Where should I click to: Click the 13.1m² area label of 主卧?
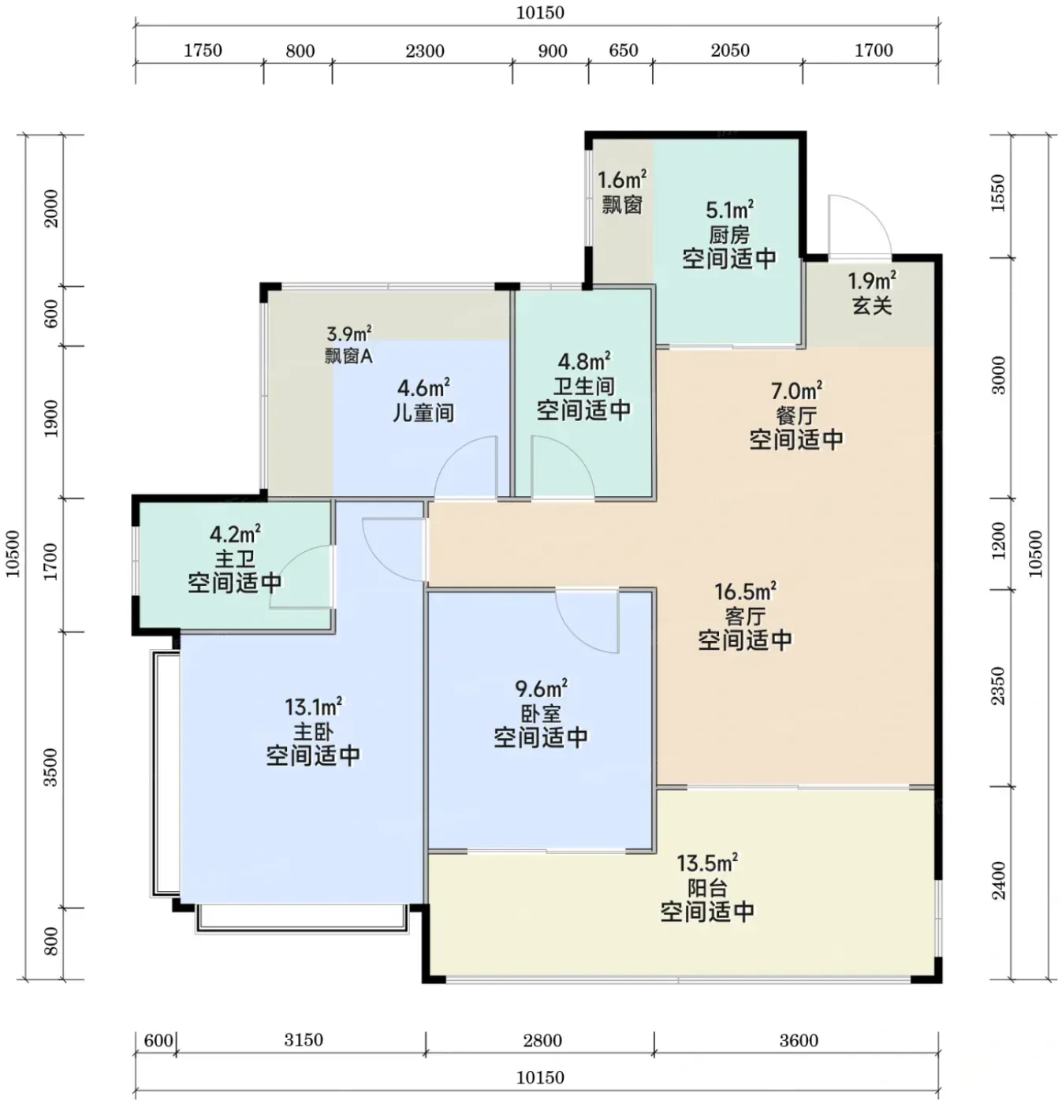point(313,707)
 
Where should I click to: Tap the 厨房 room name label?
point(729,234)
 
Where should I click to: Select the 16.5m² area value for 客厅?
point(745,591)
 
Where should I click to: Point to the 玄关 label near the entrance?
point(872,306)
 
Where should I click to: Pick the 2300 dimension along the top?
point(424,51)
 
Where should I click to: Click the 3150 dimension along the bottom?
point(304,1039)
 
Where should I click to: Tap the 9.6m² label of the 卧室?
point(541,688)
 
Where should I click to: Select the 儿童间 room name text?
point(424,412)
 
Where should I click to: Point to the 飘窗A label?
point(348,356)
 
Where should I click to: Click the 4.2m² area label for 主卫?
point(235,534)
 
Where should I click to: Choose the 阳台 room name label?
point(707,888)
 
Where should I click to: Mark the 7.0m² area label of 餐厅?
point(796,391)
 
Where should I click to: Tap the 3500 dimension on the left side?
point(51,767)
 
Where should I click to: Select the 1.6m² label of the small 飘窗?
point(622,181)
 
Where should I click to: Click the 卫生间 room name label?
point(584,386)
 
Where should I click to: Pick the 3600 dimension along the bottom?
point(799,1040)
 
